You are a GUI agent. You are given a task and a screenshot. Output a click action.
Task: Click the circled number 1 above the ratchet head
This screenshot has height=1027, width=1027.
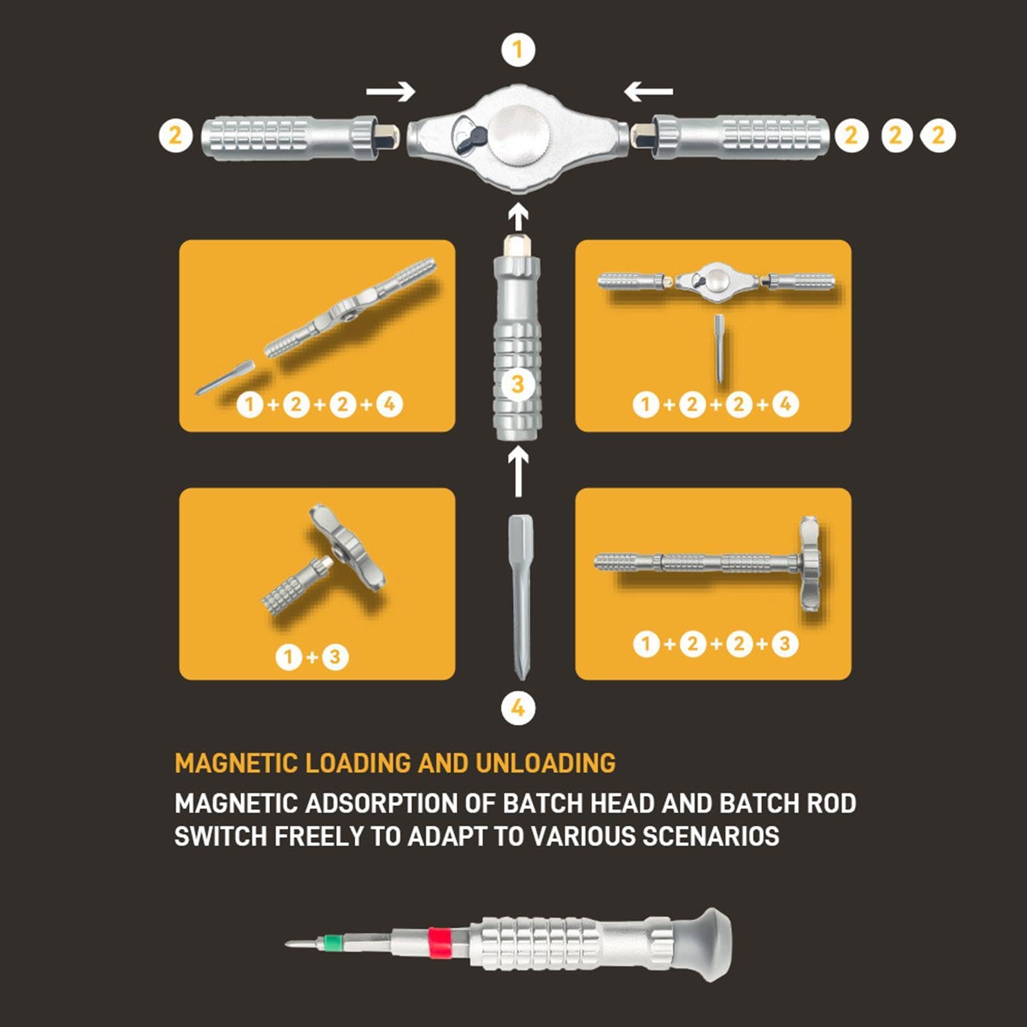click(x=518, y=49)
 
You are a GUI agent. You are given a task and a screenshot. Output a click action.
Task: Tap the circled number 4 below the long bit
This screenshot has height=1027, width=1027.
click(x=518, y=708)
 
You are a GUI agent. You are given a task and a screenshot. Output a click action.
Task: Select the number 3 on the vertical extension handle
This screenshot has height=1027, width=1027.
click(x=518, y=384)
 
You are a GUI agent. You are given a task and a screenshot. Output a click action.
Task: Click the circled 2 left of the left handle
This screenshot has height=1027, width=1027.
click(x=175, y=135)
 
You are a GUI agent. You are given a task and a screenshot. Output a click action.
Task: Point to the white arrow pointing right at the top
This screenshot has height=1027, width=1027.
click(x=391, y=91)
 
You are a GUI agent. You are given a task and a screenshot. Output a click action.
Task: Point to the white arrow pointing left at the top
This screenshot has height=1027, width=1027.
click(x=648, y=91)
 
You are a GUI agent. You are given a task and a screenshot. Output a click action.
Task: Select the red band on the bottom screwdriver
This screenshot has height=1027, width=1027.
click(x=439, y=943)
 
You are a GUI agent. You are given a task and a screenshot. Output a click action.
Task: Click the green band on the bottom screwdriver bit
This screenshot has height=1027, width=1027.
click(x=333, y=942)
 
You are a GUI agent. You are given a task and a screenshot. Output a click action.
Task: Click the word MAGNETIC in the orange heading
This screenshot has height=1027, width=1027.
click(x=235, y=763)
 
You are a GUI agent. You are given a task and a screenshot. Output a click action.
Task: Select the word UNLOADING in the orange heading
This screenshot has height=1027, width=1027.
click(x=545, y=763)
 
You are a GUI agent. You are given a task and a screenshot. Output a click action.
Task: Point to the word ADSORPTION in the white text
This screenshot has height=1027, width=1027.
click(x=398, y=803)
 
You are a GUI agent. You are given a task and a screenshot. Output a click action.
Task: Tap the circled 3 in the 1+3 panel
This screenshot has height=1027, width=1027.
click(x=335, y=657)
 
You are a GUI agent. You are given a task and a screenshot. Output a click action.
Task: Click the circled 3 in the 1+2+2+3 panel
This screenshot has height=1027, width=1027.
click(x=785, y=643)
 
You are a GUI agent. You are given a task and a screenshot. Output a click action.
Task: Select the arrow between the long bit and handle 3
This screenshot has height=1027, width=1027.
click(x=518, y=471)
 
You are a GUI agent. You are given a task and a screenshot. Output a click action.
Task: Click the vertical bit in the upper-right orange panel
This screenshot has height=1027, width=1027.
click(x=719, y=349)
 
